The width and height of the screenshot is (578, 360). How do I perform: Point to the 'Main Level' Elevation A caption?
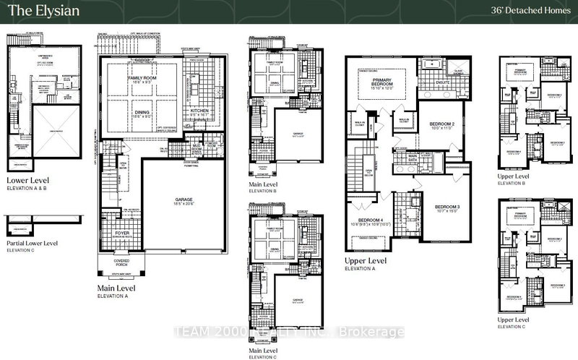(121, 287)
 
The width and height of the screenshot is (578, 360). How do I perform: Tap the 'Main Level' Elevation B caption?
(265, 185)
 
